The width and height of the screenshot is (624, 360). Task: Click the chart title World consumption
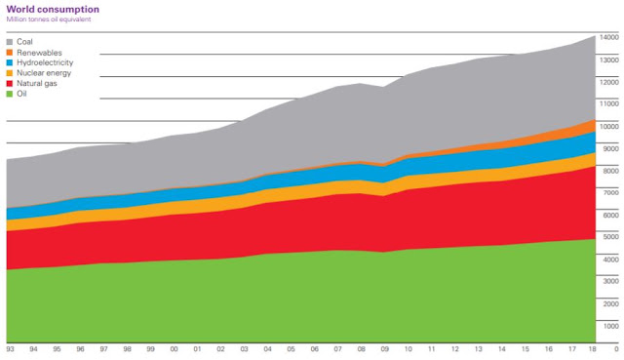click(53, 9)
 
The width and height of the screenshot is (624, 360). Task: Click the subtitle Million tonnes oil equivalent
click(49, 20)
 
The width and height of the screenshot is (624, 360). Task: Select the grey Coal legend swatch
click(10, 42)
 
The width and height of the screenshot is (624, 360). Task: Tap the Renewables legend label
click(39, 53)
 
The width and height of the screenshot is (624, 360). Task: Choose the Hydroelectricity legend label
click(45, 62)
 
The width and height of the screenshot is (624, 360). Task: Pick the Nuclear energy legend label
click(44, 73)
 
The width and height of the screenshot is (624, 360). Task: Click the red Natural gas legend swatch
click(10, 84)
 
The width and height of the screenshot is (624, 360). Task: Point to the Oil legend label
click(21, 94)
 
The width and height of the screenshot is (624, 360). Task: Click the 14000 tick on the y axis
click(609, 37)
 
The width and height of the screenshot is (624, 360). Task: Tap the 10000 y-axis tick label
click(609, 126)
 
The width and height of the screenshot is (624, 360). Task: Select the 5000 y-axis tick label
click(611, 236)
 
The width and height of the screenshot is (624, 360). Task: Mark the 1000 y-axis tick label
click(611, 326)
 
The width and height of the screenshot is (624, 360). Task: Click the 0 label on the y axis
click(616, 349)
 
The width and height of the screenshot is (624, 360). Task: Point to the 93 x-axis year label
click(10, 349)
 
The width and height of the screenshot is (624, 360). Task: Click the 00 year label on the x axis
click(174, 349)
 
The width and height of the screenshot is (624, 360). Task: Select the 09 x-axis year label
click(384, 349)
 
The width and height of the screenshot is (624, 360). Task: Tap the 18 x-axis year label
click(592, 349)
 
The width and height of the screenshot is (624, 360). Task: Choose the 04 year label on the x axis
click(267, 349)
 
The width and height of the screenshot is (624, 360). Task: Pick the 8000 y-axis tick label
click(611, 171)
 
